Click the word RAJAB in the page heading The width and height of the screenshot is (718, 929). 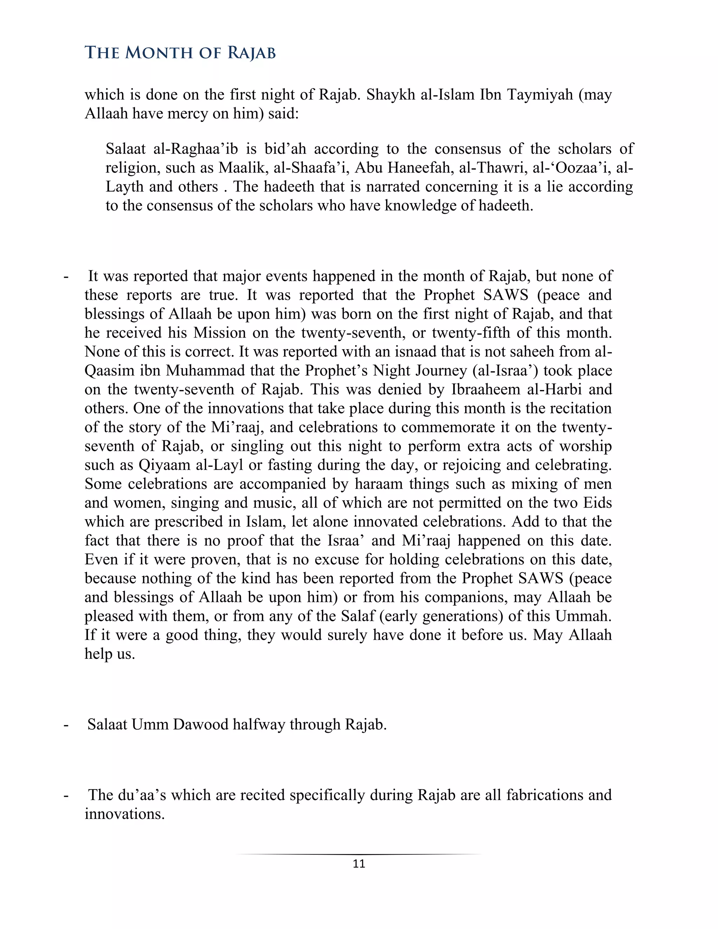pyautogui.click(x=251, y=53)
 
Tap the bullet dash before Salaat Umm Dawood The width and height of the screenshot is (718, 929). pyautogui.click(x=66, y=724)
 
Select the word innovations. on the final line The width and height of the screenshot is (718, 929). pyautogui.click(x=124, y=814)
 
